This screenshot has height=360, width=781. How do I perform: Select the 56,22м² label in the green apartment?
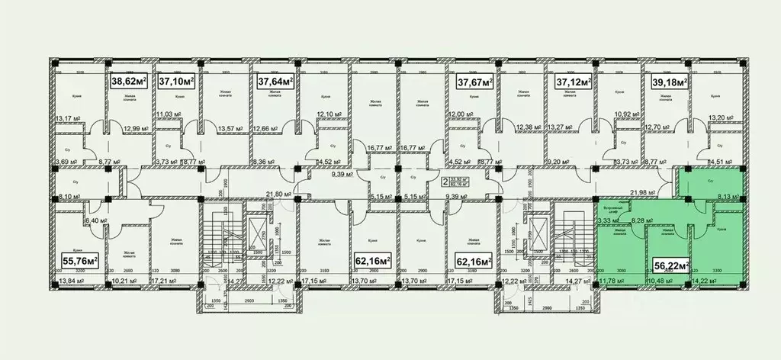(x=671, y=265)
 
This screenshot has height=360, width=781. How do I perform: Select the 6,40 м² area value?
(x=96, y=221)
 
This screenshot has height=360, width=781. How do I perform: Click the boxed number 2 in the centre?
(x=445, y=182)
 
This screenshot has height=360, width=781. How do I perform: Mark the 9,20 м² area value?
(x=560, y=162)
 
